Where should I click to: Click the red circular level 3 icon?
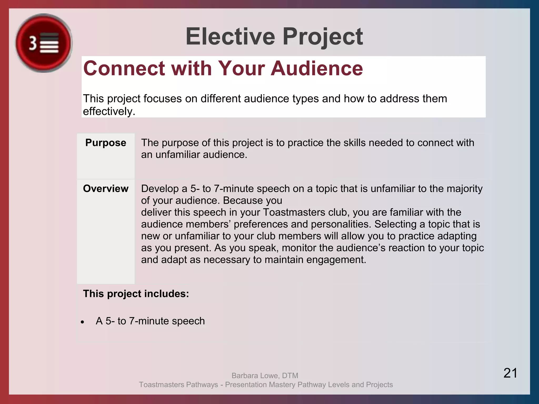pyautogui.click(x=44, y=43)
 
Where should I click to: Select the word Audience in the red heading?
pyautogui.click(x=317, y=68)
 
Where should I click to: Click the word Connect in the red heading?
pyautogui.click(x=124, y=68)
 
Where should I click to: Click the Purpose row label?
pyautogui.click(x=106, y=143)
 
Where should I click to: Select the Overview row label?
pyautogui.click(x=106, y=189)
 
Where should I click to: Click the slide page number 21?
pyautogui.click(x=510, y=373)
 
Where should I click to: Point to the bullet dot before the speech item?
pyautogui.click(x=82, y=322)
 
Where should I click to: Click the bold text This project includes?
pyautogui.click(x=136, y=294)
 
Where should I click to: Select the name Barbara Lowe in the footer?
pyautogui.click(x=254, y=376)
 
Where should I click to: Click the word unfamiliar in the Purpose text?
pyautogui.click(x=178, y=155)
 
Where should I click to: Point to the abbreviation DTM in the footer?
pyautogui.click(x=290, y=376)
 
